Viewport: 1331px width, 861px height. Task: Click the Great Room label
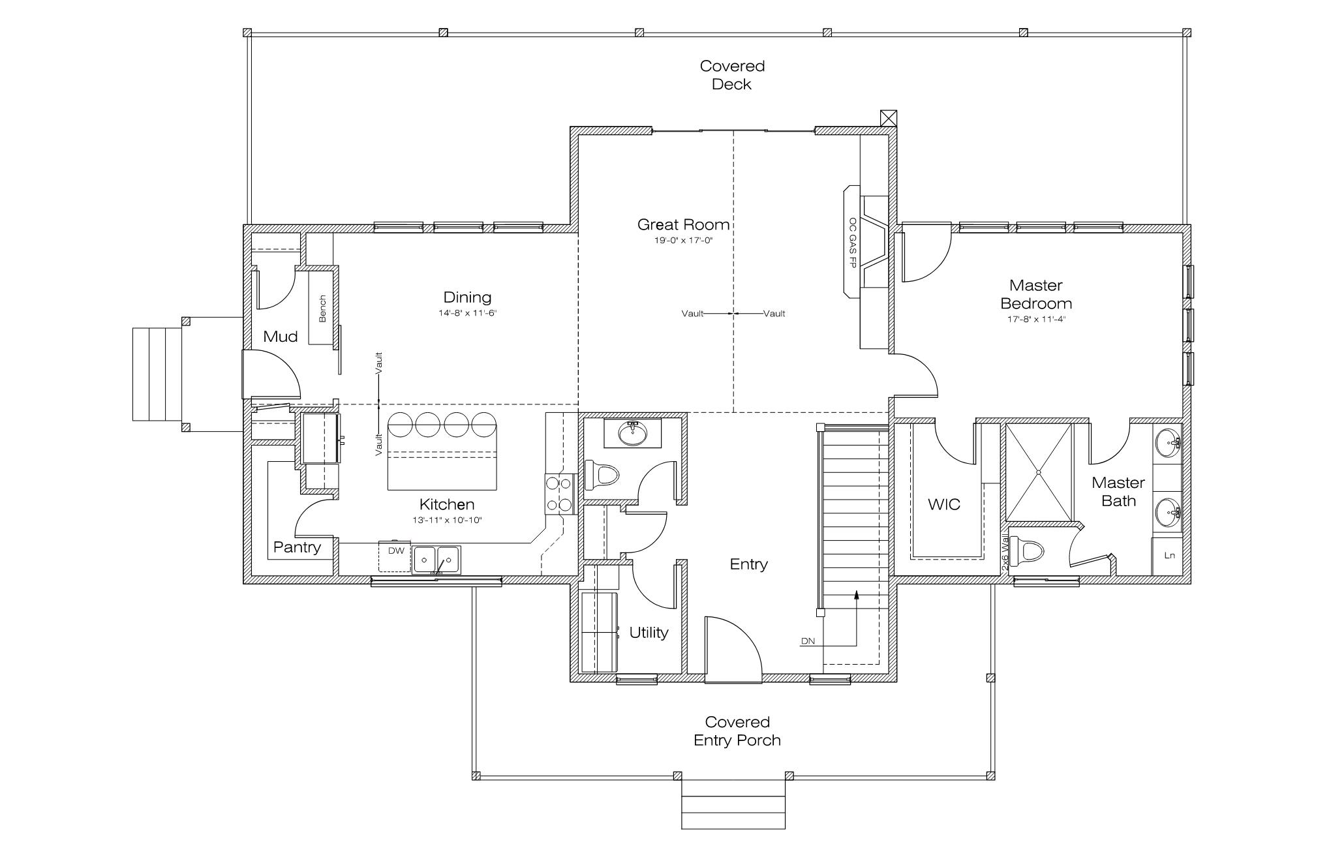683,225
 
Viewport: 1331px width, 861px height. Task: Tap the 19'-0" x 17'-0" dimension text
683,240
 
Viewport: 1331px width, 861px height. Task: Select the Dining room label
467,297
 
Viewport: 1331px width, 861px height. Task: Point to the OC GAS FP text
852,243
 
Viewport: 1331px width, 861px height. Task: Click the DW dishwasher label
396,551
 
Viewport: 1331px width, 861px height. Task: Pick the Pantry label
297,547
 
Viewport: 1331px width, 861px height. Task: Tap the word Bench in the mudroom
322,309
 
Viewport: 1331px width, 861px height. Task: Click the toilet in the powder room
601,475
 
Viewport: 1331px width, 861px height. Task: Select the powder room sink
632,433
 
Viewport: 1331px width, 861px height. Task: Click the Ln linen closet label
1170,556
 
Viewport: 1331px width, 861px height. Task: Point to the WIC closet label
944,504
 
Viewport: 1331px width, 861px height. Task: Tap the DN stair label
808,641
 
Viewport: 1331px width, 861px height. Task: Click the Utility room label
649,633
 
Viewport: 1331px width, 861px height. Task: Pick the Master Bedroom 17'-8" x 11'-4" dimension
1036,320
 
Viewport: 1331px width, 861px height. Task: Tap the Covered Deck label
732,75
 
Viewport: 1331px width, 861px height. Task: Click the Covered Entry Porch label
737,731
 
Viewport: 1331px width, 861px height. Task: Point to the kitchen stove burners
559,494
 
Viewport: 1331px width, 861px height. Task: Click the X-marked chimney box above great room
888,118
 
